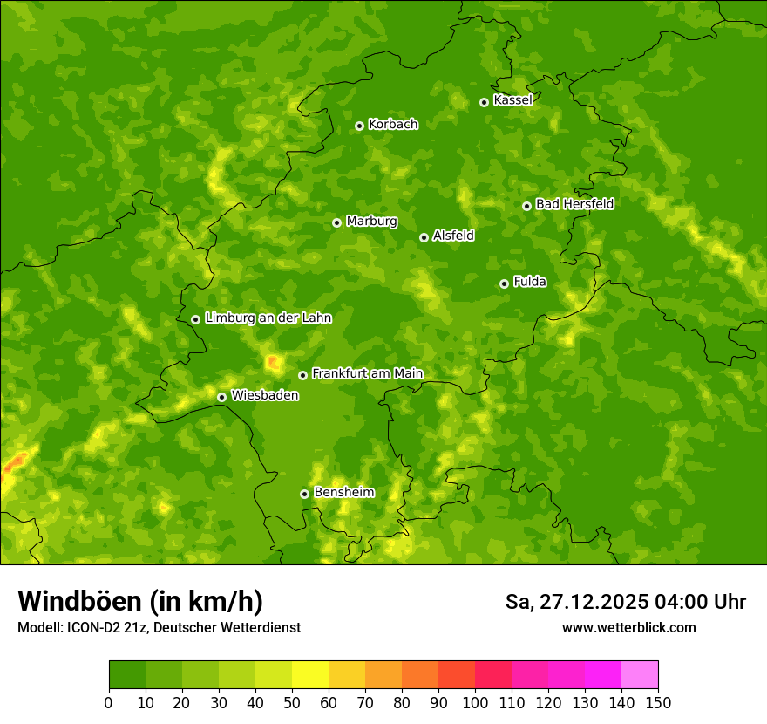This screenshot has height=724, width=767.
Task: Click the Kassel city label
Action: (512, 100)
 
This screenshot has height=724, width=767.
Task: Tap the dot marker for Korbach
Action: (359, 126)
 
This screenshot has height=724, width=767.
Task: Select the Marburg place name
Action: (371, 222)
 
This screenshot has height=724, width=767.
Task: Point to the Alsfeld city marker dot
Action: (424, 237)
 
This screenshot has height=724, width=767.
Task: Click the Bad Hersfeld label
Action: (574, 204)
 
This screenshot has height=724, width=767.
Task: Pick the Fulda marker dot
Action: (504, 283)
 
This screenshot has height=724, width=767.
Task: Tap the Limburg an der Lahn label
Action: (268, 318)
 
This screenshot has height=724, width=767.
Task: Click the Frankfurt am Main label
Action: (367, 373)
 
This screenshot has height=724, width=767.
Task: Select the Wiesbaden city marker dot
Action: (221, 397)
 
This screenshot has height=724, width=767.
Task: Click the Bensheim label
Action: (343, 492)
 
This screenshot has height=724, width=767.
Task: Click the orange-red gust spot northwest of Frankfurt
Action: (273, 360)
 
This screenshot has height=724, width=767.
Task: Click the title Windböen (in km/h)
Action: (139, 601)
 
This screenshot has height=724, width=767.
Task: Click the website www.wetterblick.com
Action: (628, 627)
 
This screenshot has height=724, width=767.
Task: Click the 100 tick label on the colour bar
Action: (475, 701)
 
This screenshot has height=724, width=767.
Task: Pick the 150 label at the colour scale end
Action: (658, 701)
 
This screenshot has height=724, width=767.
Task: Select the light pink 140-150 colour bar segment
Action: (640, 674)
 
